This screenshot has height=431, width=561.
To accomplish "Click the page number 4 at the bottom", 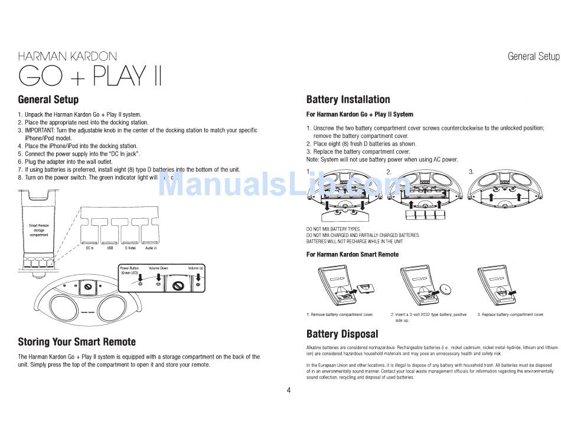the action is click(289, 390).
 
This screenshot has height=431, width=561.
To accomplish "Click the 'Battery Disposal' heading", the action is click(342, 334).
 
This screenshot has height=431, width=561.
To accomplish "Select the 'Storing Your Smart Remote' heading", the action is click(77, 342).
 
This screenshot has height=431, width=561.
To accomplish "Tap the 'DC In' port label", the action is click(90, 248).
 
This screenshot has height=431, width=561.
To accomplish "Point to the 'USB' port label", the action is click(110, 248).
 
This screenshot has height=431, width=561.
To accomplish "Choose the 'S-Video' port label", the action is click(130, 248).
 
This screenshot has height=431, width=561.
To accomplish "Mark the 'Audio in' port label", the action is click(151, 248).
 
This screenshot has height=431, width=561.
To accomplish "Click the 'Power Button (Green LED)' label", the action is click(129, 271).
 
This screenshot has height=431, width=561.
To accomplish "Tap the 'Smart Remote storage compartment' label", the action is click(39, 230).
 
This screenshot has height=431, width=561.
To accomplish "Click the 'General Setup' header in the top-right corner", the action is click(533, 57).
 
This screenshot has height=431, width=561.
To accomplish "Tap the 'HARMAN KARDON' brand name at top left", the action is click(67, 57).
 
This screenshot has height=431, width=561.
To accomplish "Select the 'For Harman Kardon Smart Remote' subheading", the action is click(353, 255).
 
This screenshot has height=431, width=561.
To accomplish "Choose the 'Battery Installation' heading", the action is click(348, 100).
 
